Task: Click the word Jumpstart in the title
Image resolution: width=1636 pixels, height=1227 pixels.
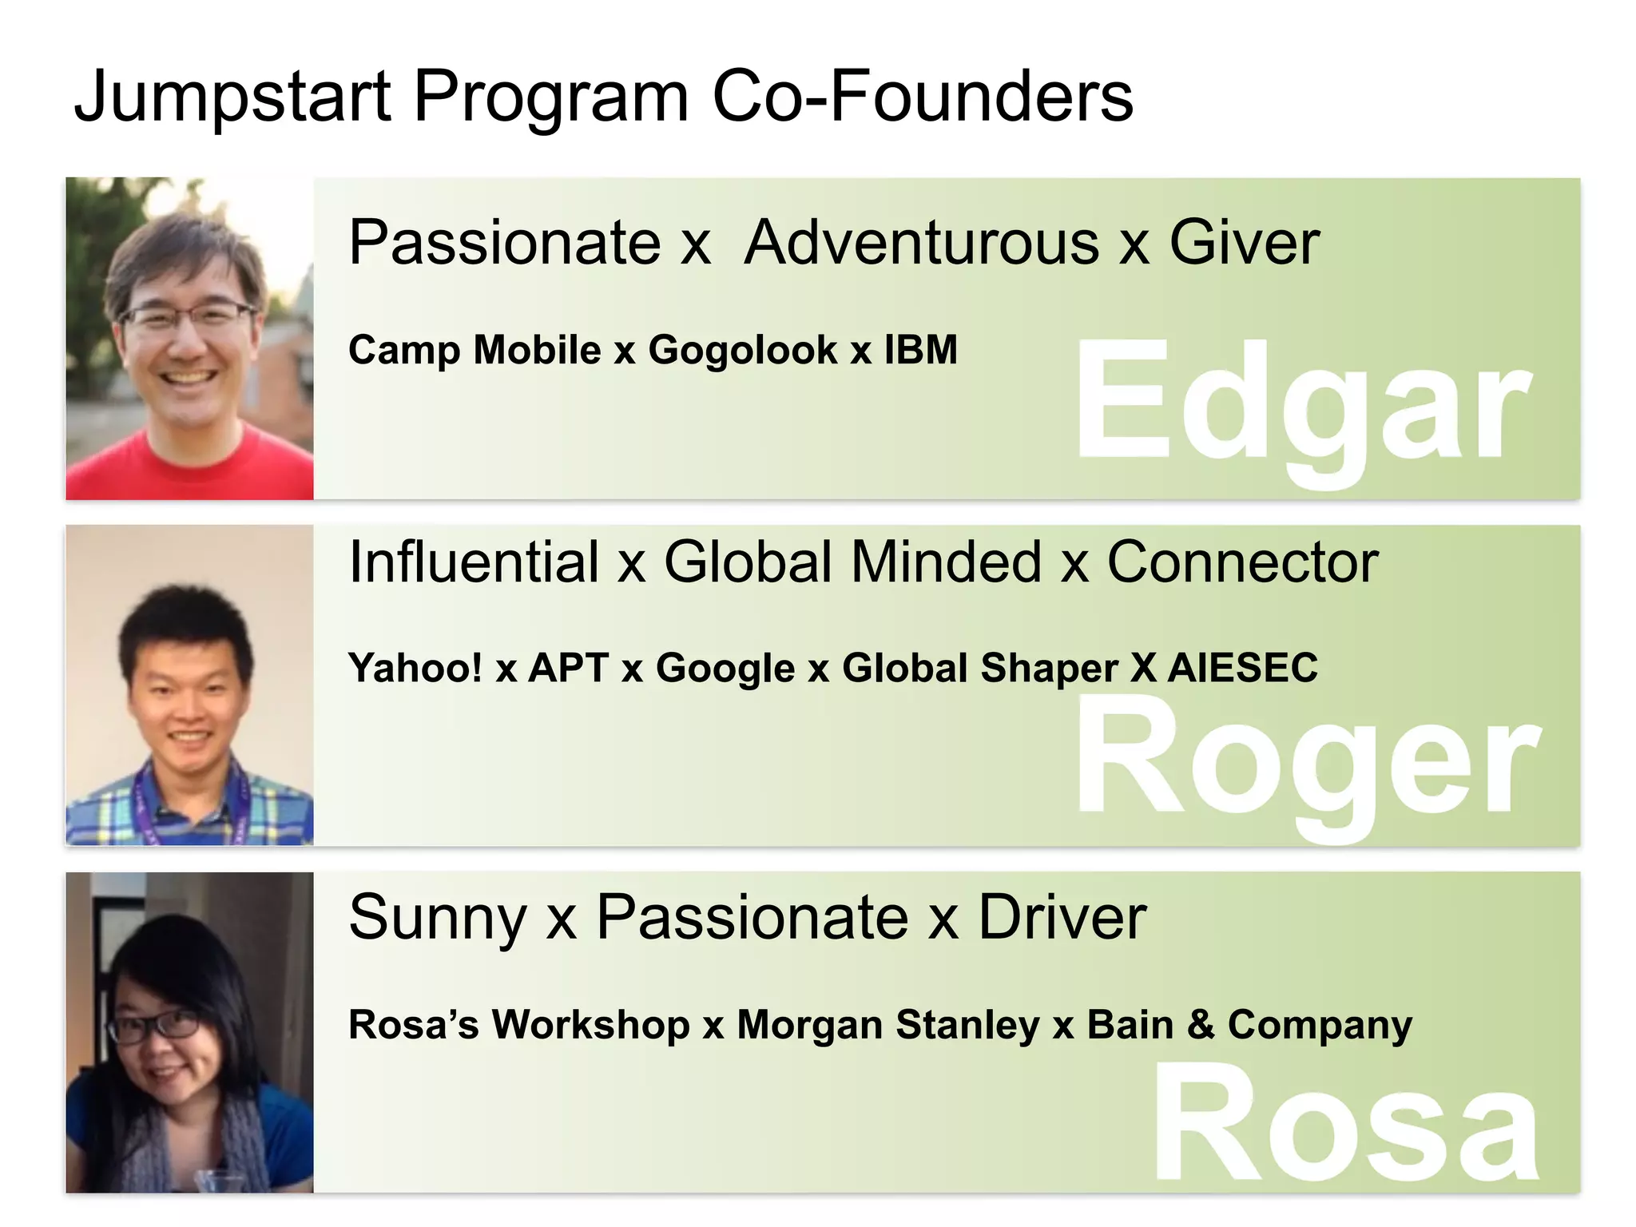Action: point(232,97)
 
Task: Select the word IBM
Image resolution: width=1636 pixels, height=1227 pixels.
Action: point(920,350)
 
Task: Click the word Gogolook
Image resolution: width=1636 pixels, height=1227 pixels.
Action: point(742,350)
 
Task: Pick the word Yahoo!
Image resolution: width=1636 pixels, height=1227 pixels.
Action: point(415,668)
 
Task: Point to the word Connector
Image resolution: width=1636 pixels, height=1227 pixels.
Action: point(1242,562)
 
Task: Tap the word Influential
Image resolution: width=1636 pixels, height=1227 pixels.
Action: point(474,562)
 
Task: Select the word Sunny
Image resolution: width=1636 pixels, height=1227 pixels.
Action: point(437,918)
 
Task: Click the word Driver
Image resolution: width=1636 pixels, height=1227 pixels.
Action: point(1062,918)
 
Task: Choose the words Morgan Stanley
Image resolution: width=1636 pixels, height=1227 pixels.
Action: point(887,1025)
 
